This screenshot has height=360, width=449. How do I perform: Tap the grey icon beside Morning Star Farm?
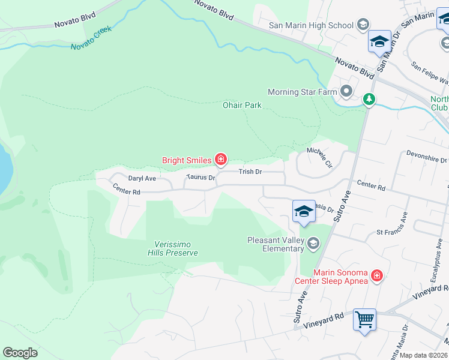[346, 92]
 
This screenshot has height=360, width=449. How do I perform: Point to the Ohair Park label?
[243, 105]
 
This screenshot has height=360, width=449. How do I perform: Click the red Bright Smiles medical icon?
[221, 160]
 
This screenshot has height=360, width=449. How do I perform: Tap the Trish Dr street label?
[250, 172]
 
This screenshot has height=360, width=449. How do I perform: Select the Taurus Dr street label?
[200, 178]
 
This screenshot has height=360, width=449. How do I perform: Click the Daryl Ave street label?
[142, 178]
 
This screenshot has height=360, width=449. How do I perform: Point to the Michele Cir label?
[319, 157]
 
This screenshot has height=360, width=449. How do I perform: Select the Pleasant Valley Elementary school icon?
[313, 243]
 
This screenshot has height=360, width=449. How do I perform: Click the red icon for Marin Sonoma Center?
[376, 275]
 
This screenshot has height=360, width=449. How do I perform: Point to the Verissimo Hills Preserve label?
[173, 248]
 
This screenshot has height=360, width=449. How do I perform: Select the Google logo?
[20, 353]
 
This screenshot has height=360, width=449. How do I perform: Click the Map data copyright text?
[424, 355]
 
